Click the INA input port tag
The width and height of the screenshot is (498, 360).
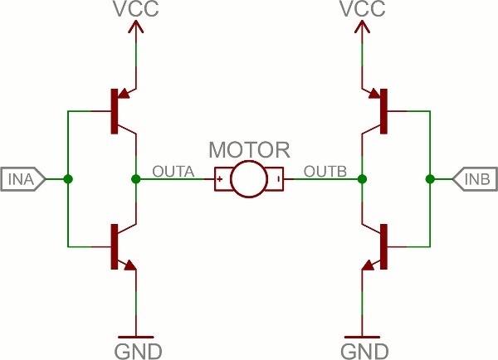pyautogui.click(x=23, y=179)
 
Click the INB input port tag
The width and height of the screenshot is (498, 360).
pyautogui.click(x=475, y=179)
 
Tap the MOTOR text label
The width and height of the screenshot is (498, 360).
pyautogui.click(x=249, y=150)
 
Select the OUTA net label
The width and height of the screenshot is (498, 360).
pyautogui.click(x=173, y=172)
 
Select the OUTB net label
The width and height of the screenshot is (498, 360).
pyautogui.click(x=325, y=172)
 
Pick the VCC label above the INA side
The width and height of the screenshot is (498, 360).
pyautogui.click(x=136, y=8)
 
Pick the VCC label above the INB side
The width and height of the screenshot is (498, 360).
pyautogui.click(x=363, y=8)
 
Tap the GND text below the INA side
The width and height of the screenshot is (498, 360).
pyautogui.click(x=138, y=352)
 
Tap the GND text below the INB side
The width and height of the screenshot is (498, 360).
pyautogui.click(x=364, y=352)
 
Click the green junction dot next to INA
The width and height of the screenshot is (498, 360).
pyautogui.click(x=68, y=179)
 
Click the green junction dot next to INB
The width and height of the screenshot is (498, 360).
pyautogui.click(x=430, y=179)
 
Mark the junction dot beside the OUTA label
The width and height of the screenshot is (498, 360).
pyautogui.click(x=136, y=179)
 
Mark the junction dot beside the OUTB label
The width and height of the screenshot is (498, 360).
pyautogui.click(x=362, y=179)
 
